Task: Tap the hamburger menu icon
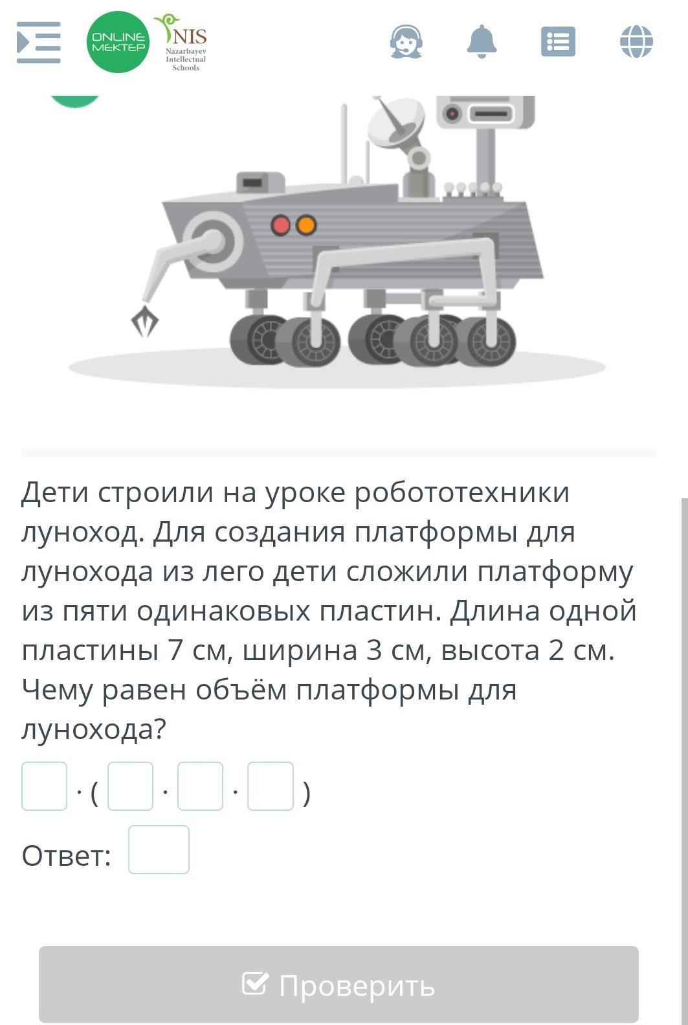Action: (38, 42)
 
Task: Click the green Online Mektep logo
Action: (118, 42)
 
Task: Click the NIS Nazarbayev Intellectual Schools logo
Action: (183, 42)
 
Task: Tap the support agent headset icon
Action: (406, 41)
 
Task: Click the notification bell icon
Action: (482, 41)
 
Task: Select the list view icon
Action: (558, 41)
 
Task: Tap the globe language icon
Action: (636, 41)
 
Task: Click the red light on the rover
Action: (281, 225)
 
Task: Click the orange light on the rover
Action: (305, 225)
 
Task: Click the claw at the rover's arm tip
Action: (145, 321)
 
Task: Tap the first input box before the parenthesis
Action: (45, 786)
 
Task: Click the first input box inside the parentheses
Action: (131, 786)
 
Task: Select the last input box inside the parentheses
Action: (271, 786)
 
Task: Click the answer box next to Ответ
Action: (159, 850)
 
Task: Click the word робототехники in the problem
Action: (462, 493)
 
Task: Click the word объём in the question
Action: (241, 689)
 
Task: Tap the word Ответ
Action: (67, 855)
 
